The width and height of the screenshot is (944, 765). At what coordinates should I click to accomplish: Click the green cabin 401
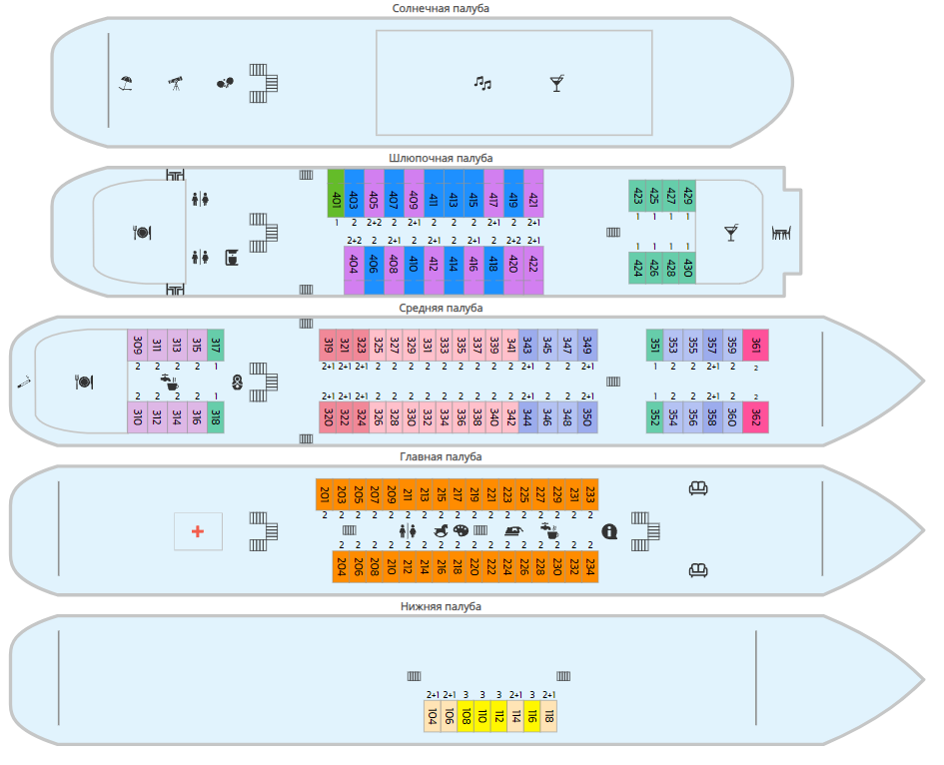336,193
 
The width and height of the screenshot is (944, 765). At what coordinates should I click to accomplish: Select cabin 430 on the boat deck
687,269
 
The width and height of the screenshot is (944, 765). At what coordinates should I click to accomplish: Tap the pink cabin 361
755,345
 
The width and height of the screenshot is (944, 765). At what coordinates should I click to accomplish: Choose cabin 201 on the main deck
324,494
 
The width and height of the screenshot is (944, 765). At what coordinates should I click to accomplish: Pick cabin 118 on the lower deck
548,716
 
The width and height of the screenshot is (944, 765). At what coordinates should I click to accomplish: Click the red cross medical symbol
198,531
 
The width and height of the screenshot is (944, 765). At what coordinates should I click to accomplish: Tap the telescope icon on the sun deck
176,84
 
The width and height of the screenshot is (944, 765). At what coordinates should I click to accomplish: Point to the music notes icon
482,84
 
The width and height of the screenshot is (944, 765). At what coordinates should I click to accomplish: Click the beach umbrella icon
126,84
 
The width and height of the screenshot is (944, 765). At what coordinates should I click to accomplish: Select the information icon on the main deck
609,531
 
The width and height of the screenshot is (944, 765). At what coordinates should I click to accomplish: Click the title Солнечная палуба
441,9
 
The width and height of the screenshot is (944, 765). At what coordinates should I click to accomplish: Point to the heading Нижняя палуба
441,606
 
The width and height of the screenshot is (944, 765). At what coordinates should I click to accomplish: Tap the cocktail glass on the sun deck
556,84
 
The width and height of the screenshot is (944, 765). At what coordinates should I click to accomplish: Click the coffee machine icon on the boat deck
231,257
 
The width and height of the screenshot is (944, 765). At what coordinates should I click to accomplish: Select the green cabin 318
216,416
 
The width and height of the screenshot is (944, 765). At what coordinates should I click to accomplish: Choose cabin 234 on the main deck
590,566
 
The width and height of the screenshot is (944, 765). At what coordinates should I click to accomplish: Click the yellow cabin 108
465,716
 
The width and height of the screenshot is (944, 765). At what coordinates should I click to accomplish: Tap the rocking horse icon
441,531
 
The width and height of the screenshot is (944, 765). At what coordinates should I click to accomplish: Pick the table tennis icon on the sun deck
226,84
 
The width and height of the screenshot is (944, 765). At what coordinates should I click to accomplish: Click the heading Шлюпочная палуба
441,158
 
